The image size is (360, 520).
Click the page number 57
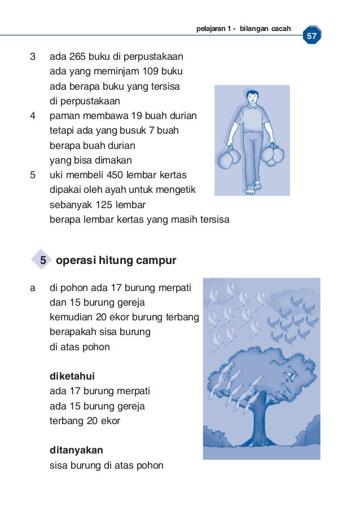[x=311, y=37]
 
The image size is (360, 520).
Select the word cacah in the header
[x=280, y=29]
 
